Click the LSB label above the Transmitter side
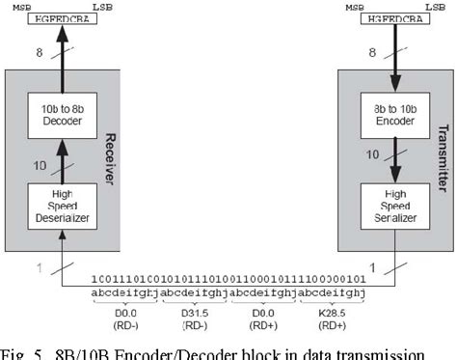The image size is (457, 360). [x=424, y=6]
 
